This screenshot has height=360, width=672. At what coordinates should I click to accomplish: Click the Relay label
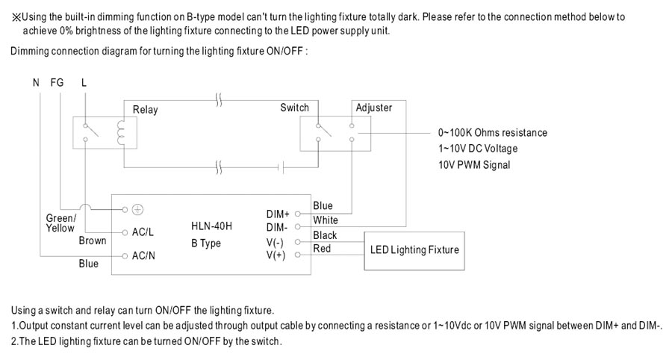point(146,110)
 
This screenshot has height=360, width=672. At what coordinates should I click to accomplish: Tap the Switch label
point(294,108)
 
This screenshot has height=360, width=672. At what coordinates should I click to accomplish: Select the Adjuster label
point(374,108)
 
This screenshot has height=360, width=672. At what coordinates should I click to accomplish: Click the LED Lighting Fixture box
point(414,249)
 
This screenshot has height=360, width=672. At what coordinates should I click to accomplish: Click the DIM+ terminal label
point(278,214)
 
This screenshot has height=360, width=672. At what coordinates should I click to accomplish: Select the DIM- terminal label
point(277,226)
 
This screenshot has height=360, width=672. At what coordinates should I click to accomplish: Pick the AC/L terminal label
point(143,232)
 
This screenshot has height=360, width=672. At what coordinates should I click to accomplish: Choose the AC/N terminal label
point(143,256)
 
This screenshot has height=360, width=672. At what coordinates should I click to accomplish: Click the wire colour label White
point(326,220)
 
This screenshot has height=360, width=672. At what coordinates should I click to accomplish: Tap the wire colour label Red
point(322,249)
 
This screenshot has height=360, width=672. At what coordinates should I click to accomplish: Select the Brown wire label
point(93,240)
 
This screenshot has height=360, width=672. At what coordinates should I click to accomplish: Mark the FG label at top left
point(57,83)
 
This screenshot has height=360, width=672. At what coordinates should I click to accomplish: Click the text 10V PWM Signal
point(474,165)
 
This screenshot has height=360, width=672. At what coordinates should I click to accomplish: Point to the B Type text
point(205,243)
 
